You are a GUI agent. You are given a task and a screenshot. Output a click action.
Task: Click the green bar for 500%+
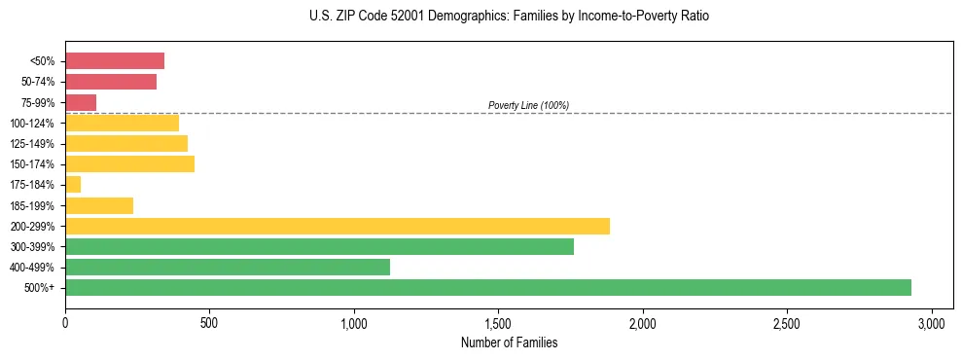(x=487, y=287)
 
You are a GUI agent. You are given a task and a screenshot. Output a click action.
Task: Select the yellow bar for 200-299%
(x=337, y=226)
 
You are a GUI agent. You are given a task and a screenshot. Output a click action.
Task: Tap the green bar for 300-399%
(x=319, y=246)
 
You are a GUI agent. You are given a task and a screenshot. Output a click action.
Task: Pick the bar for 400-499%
(x=227, y=267)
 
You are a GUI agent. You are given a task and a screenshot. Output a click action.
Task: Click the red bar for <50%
(x=114, y=61)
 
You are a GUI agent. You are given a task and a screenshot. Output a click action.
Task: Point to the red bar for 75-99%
(x=81, y=102)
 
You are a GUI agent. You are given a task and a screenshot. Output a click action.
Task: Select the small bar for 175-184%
(x=73, y=184)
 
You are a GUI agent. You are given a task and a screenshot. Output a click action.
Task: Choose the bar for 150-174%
(x=129, y=163)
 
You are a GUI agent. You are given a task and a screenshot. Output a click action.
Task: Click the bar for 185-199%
(x=99, y=205)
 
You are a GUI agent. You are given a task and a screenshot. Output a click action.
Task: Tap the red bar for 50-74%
(x=110, y=82)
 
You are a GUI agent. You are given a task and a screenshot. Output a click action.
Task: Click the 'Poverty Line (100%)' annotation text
(x=528, y=105)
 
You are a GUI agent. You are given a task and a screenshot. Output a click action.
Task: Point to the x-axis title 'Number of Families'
(x=509, y=342)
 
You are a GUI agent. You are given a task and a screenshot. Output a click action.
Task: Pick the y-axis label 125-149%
(x=32, y=144)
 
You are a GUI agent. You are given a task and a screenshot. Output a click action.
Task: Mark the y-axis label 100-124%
(x=32, y=124)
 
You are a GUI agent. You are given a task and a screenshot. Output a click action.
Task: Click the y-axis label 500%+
(x=39, y=288)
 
